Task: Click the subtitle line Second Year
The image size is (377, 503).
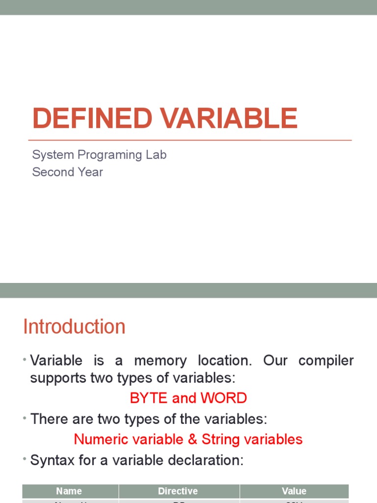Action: point(67,172)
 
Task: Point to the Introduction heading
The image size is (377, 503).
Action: point(74,327)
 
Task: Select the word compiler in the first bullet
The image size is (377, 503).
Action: point(326,361)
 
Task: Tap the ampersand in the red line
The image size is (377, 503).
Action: point(192,439)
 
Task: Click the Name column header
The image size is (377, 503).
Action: point(69,491)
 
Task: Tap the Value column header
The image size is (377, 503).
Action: point(294,491)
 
